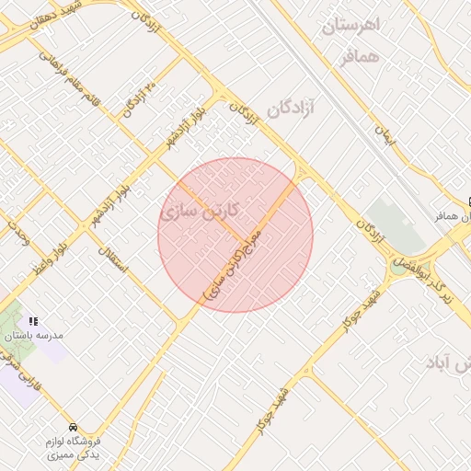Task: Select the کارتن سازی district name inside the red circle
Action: (200, 212)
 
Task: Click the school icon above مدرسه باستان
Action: (33, 321)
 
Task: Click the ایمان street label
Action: (384, 134)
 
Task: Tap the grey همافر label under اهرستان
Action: (359, 57)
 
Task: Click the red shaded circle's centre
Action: (235, 235)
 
